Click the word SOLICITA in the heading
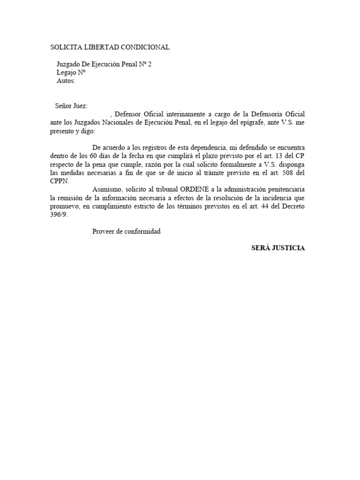pos(65,47)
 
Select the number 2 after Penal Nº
pos(150,64)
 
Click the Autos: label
pos(66,81)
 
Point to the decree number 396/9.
pos(61,214)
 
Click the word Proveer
pos(105,231)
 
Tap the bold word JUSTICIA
pos(288,248)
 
